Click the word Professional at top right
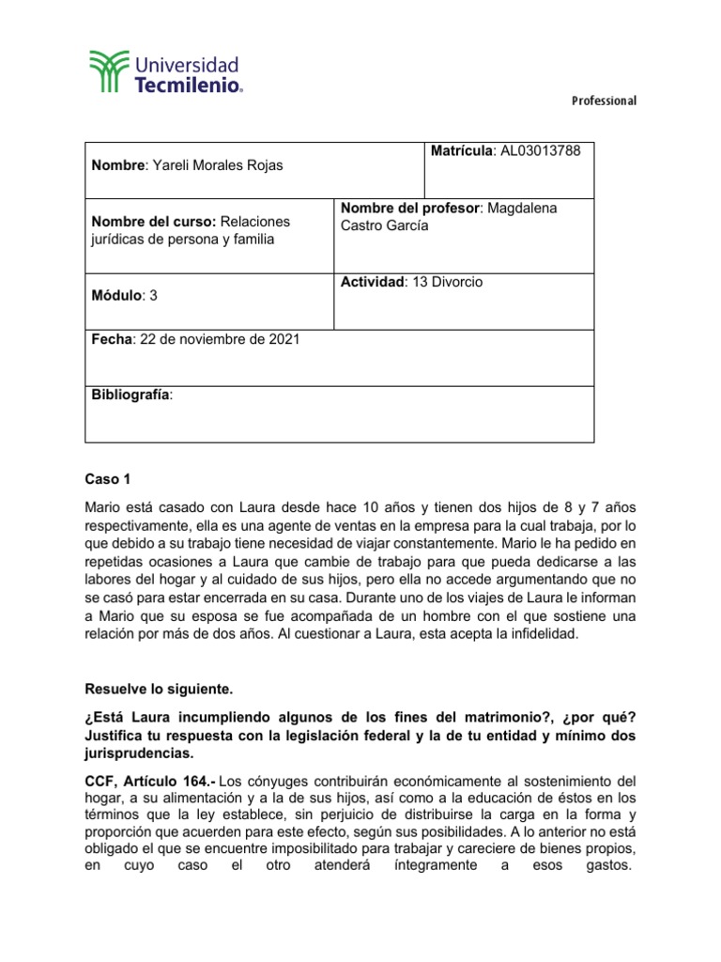tap(603, 101)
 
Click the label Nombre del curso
tap(153, 222)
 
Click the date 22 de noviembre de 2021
tap(219, 339)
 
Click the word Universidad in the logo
tap(189, 66)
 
